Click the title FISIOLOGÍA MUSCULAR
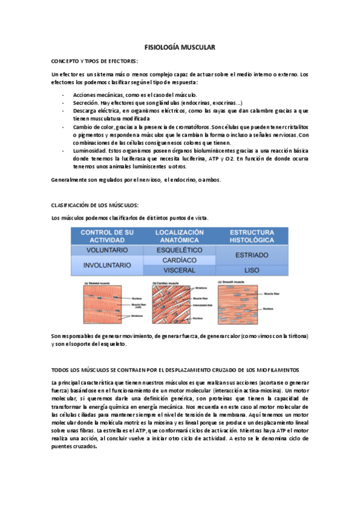pos(180,47)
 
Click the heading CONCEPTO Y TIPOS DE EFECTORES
pos(95,61)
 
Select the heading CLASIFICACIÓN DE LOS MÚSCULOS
pos(96,205)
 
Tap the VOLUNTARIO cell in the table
pos(106,250)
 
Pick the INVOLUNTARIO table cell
pos(106,265)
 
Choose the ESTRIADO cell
pos(252,254)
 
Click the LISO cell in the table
pos(252,270)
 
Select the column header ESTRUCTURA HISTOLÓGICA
pos(252,235)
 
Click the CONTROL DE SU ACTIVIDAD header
pos(106,235)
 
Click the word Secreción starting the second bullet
pos(85,103)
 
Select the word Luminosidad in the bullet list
pos(90,151)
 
